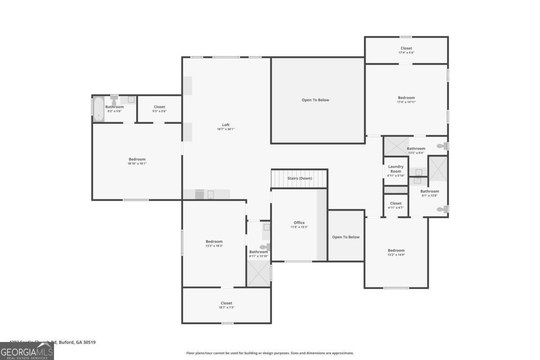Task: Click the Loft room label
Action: click(x=225, y=125)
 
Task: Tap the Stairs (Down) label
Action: click(x=299, y=179)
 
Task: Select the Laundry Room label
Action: click(x=396, y=169)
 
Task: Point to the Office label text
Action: click(x=299, y=223)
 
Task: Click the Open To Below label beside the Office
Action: click(x=346, y=237)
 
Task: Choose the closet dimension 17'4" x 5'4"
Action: click(x=406, y=53)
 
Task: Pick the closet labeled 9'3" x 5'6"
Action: click(x=159, y=111)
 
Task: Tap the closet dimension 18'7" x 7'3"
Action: click(x=226, y=307)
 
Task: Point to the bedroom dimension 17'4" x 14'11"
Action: click(x=406, y=102)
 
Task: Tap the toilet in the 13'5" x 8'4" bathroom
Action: click(x=442, y=146)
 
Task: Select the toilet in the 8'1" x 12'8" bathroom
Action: click(x=442, y=209)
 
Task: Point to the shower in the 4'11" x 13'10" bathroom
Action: click(x=258, y=273)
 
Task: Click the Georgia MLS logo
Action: click(x=27, y=351)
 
